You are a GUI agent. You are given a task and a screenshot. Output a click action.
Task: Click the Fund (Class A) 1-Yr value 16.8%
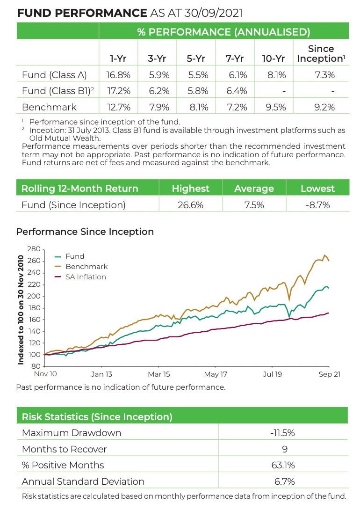tap(118, 74)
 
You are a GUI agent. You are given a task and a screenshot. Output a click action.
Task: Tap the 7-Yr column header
tap(235, 58)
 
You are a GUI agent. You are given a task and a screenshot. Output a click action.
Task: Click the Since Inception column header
tap(321, 54)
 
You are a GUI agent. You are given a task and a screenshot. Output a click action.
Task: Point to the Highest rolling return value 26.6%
tap(190, 205)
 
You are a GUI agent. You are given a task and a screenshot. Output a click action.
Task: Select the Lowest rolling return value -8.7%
tap(318, 205)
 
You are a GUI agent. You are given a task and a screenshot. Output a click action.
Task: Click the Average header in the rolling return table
tap(254, 189)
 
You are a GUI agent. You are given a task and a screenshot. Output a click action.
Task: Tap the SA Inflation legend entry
tap(86, 277)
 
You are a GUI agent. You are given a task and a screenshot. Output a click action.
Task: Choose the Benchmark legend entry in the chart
tap(86, 267)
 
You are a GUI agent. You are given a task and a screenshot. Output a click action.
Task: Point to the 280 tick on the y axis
tap(34, 249)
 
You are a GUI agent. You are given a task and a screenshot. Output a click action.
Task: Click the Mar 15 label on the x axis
tap(158, 374)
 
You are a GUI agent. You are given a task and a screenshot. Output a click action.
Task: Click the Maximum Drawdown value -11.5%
tap(282, 433)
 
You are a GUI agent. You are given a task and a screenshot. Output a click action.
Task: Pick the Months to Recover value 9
tap(282, 449)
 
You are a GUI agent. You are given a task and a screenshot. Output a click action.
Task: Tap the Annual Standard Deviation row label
tap(83, 481)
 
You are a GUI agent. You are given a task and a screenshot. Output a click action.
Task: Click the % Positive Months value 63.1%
tap(282, 465)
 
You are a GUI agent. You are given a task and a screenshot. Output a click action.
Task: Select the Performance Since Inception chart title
tap(85, 232)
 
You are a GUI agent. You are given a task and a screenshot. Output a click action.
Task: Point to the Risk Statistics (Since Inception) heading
tap(97, 417)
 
